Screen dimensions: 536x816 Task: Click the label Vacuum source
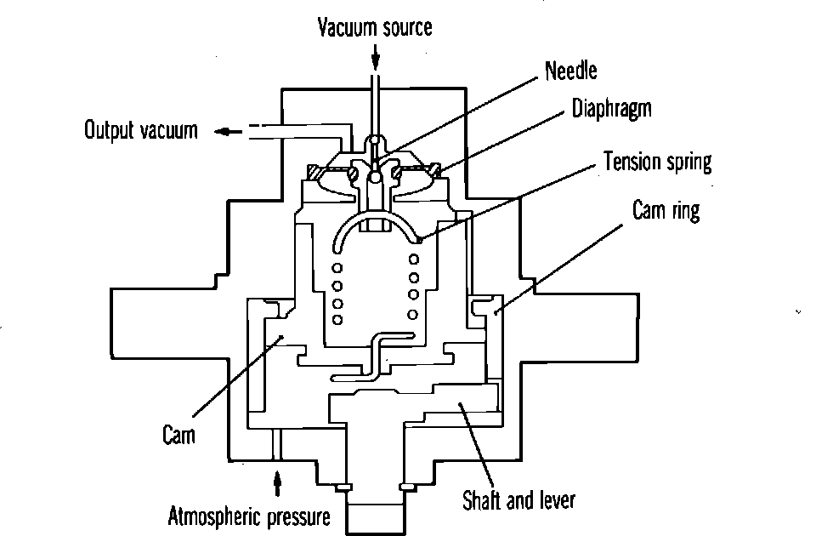coord(375,27)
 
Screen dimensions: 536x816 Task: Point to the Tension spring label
coord(657,162)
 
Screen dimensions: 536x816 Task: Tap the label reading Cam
coord(178,435)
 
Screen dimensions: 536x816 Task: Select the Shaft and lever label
coord(518,499)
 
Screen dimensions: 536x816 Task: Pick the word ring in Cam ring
coord(686,210)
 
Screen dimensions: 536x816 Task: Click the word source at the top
coord(405,27)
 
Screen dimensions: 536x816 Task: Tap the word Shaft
coord(481,499)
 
